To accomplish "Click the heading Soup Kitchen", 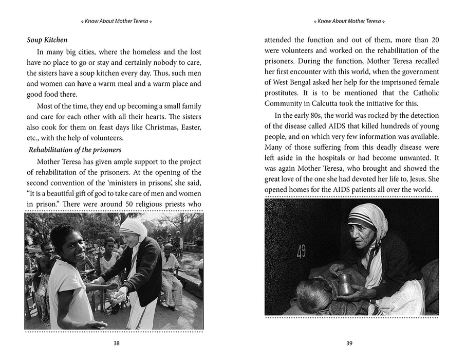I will tap(47, 40).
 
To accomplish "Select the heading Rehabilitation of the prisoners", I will tap(75, 150).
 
